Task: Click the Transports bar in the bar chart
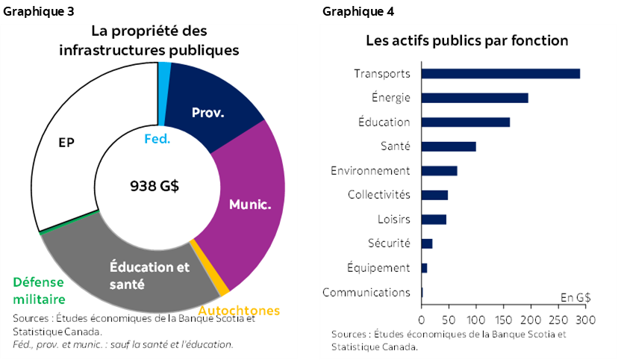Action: (500, 73)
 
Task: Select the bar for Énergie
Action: (475, 98)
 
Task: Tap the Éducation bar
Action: (466, 122)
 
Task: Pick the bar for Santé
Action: (449, 146)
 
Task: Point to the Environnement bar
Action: (439, 170)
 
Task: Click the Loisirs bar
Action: (434, 219)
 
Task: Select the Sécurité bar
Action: (427, 243)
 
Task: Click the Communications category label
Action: (366, 292)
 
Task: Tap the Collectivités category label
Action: (378, 195)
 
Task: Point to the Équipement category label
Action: (378, 267)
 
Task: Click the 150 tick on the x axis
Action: (503, 320)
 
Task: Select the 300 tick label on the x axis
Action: (584, 320)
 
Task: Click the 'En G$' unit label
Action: (575, 297)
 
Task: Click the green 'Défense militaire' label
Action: (39, 291)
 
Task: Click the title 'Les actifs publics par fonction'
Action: (466, 40)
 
